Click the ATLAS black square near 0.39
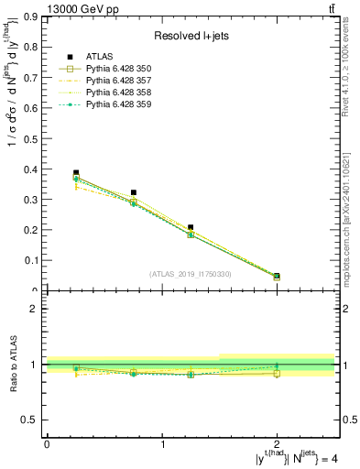tap(76, 172)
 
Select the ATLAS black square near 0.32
tap(134, 192)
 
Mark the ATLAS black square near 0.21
tap(191, 227)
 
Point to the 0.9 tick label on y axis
tap(30, 16)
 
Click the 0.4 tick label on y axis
tap(30, 169)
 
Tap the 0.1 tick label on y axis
tap(30, 260)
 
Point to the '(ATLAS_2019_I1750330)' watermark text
tap(191, 274)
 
